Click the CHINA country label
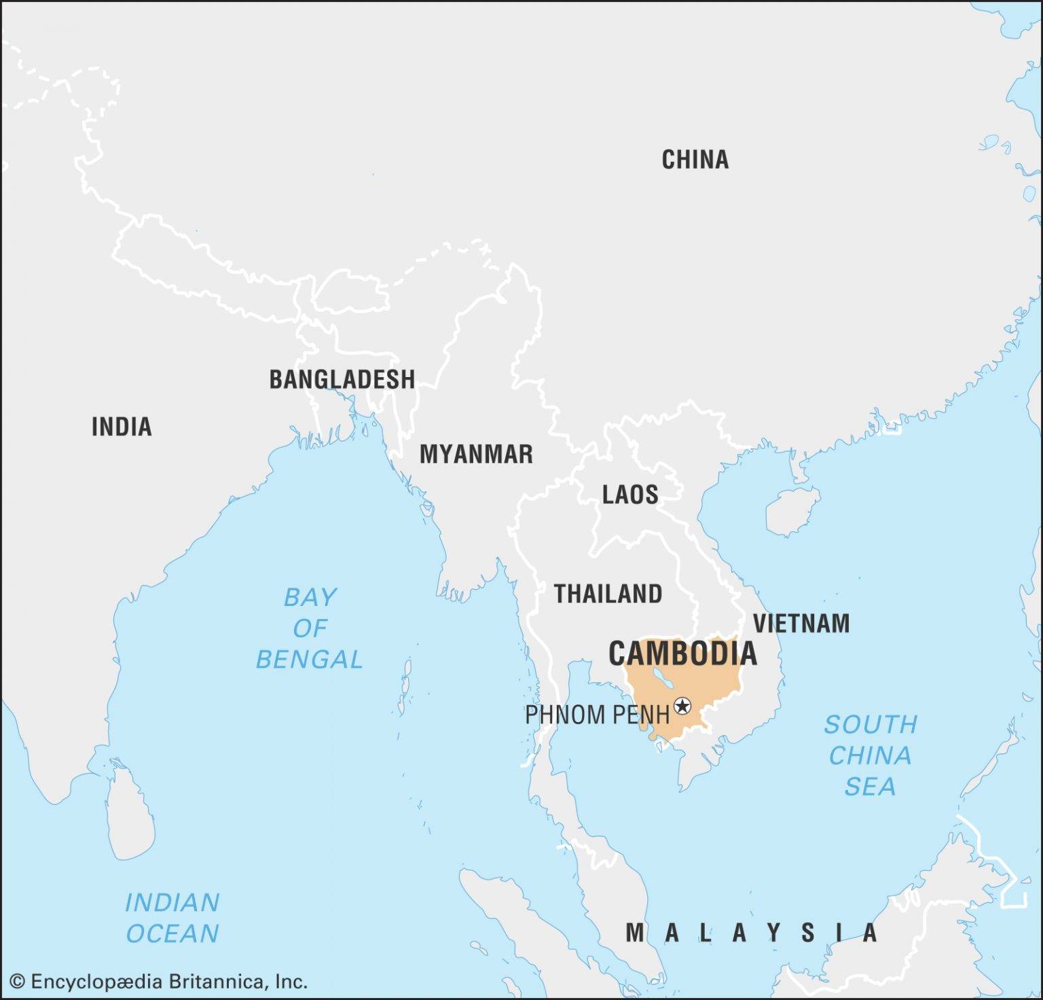[695, 160]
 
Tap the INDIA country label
[122, 427]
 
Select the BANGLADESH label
[342, 379]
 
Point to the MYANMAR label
[476, 454]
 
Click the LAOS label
[630, 494]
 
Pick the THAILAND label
[608, 594]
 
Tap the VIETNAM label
[801, 623]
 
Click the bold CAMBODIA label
[682, 654]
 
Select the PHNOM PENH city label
[597, 715]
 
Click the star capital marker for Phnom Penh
[682, 707]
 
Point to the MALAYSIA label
[752, 933]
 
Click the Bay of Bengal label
[310, 628]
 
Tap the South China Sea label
[870, 755]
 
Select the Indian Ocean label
[172, 918]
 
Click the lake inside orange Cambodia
[661, 679]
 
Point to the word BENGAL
[310, 659]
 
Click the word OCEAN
[172, 933]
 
